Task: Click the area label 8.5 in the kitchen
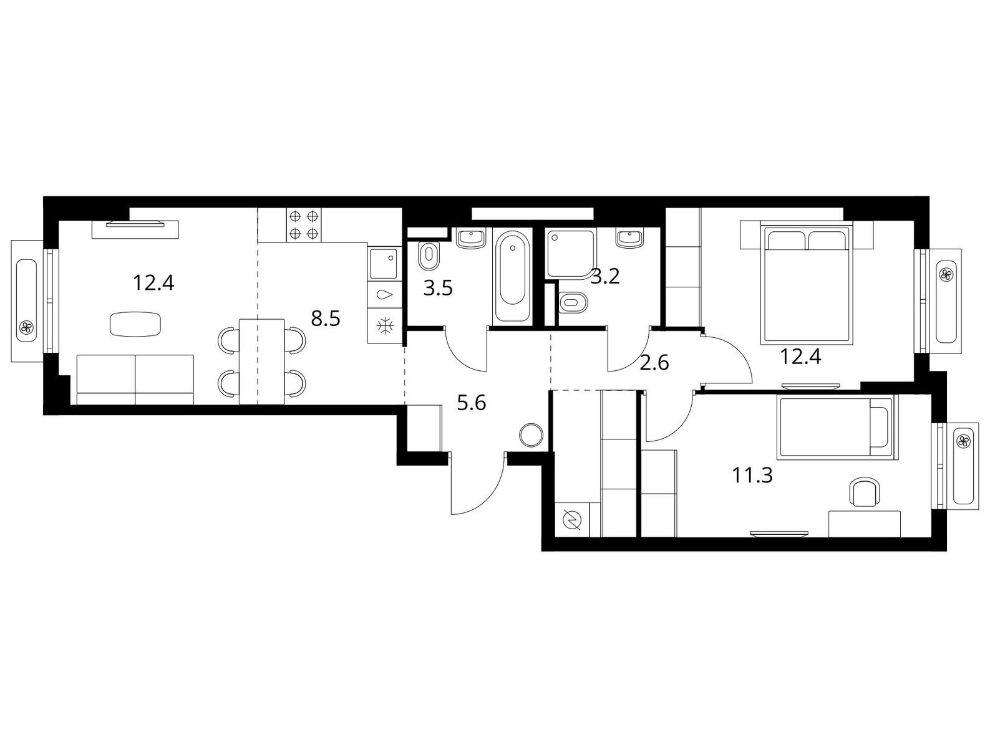coord(325,319)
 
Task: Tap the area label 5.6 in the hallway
coord(472,403)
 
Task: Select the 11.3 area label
coord(752,476)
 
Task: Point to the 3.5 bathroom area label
coord(437,289)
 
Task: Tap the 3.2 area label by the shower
coord(606,277)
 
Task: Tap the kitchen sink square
coord(384,264)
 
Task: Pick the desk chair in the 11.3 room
coord(864,493)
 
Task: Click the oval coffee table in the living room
coord(135,324)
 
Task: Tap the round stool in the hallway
coord(531,434)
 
